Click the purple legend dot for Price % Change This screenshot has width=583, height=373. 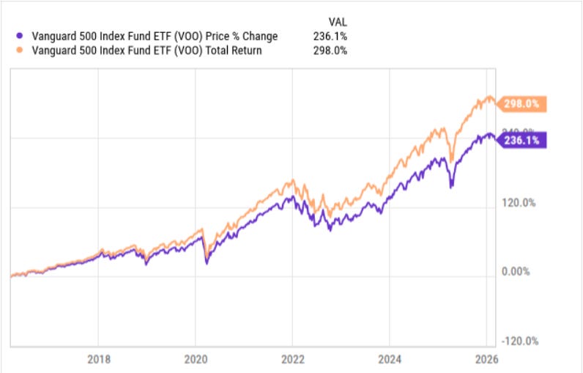(18, 36)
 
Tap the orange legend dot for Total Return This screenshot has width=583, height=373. (18, 51)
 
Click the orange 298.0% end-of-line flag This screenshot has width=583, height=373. (521, 104)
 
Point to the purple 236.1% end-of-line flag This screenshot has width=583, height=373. (521, 140)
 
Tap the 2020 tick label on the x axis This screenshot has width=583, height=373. (195, 359)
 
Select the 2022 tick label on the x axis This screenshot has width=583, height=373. (292, 359)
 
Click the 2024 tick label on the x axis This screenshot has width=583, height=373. (389, 359)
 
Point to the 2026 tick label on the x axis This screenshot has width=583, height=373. (486, 359)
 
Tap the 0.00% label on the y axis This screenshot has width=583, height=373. (516, 272)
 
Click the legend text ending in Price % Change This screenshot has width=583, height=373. (146, 36)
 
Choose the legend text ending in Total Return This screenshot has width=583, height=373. (140, 51)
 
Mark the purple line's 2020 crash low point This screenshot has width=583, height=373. (206, 262)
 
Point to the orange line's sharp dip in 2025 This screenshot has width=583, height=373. (452, 160)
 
